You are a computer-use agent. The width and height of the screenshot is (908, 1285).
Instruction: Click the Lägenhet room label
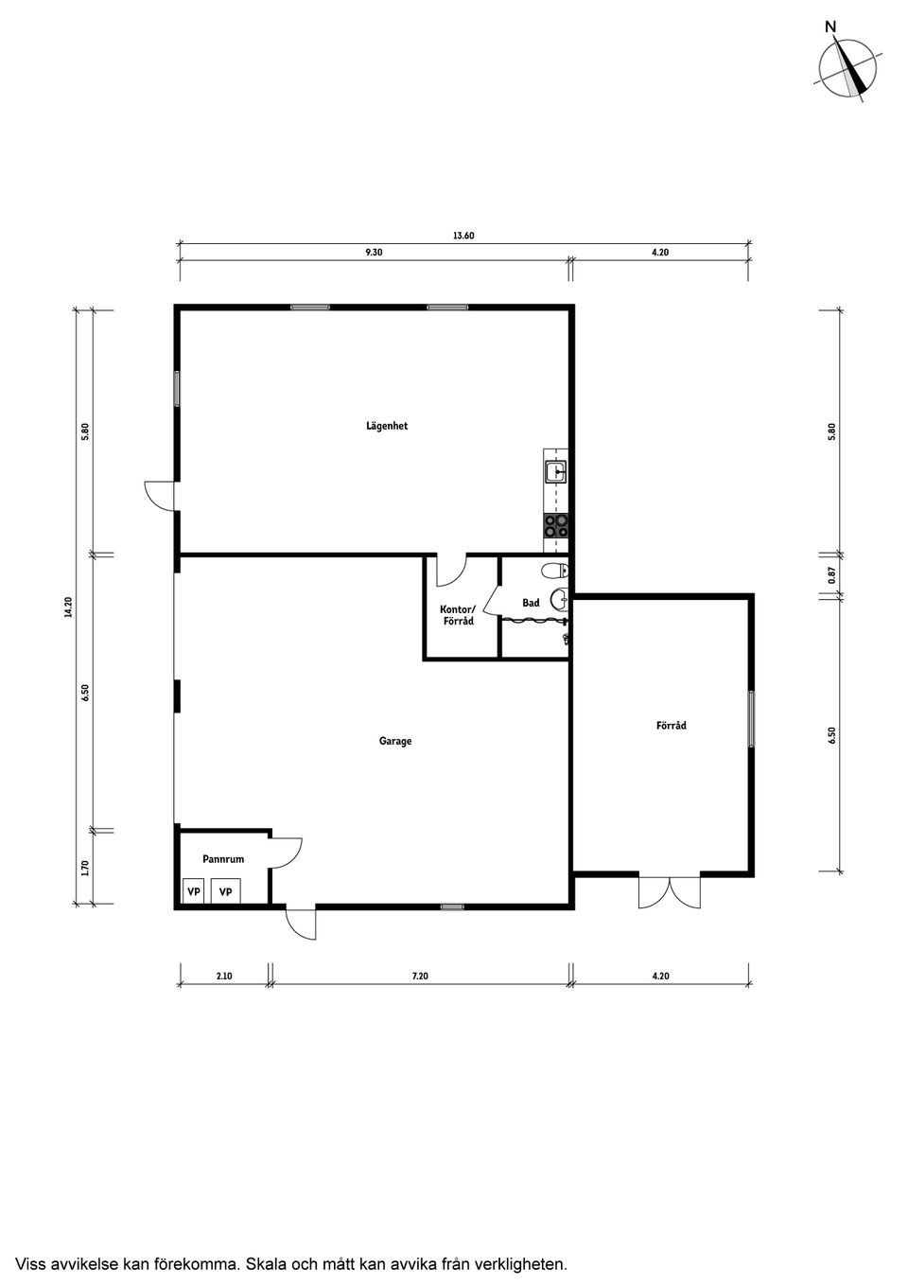point(387,426)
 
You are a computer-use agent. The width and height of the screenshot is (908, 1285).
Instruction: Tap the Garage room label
point(395,741)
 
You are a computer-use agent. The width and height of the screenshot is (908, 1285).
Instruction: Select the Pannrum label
point(223,859)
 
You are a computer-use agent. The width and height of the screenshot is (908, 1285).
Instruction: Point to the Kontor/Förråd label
point(459,615)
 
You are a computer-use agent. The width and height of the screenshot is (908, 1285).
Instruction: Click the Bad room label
point(531,603)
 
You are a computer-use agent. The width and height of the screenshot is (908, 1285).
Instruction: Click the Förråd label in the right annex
point(672,726)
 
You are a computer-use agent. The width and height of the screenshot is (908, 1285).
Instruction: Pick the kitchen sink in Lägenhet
point(555,467)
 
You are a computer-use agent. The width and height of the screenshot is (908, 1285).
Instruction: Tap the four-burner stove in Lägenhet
point(555,526)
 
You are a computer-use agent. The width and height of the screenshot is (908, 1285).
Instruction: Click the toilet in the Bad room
point(557,570)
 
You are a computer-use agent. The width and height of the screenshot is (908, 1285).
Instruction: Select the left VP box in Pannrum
point(193,891)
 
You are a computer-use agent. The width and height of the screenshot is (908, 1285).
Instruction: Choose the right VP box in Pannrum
point(225,891)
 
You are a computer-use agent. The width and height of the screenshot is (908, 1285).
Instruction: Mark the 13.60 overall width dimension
point(463,237)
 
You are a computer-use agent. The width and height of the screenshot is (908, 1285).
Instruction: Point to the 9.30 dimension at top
point(374,253)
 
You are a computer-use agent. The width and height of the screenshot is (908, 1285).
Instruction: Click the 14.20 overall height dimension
point(68,607)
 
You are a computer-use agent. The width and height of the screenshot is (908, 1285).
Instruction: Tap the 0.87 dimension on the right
point(831,574)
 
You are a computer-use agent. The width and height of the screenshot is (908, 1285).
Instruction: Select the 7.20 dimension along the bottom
point(420,976)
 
